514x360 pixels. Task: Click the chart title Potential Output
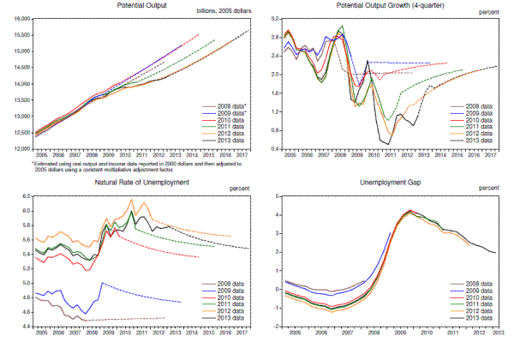(x=142, y=6)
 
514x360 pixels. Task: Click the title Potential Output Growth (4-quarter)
(x=392, y=6)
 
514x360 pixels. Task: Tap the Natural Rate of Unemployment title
(x=141, y=182)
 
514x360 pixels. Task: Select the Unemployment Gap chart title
(x=392, y=182)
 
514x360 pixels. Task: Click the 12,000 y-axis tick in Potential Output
(x=19, y=147)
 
